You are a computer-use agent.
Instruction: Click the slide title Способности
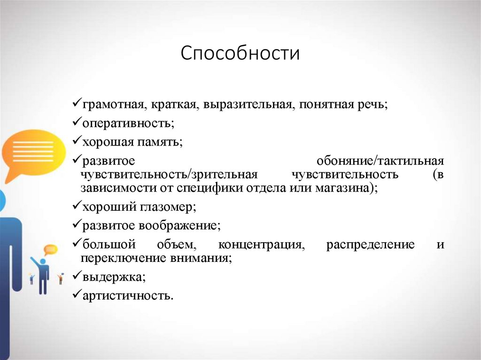[x=240, y=53]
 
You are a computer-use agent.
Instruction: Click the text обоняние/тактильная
[x=380, y=161]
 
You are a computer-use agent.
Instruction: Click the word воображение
[x=179, y=225]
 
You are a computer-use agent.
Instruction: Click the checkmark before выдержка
[x=77, y=276]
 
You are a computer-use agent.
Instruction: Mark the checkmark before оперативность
[x=77, y=123]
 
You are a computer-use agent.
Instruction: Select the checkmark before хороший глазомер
[x=77, y=206]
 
